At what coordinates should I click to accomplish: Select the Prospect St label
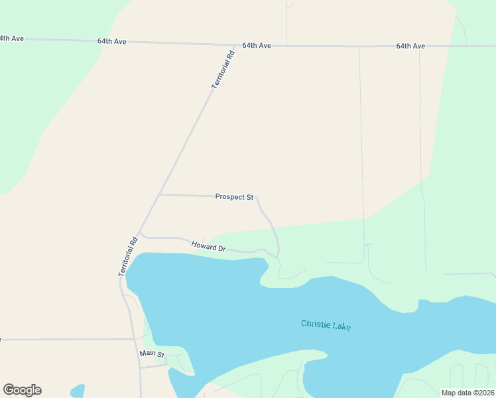click(234, 197)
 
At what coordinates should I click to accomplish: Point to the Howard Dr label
click(209, 247)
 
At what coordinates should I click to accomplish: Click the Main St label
click(152, 354)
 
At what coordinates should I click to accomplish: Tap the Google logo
click(22, 390)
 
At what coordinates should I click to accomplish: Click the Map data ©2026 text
click(467, 393)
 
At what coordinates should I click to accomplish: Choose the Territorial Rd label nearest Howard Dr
click(128, 257)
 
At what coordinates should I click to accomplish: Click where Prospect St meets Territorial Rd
click(160, 194)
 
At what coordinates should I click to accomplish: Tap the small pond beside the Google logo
click(77, 391)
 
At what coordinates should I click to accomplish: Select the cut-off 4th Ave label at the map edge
click(11, 38)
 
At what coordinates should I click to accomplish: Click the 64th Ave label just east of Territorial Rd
click(257, 46)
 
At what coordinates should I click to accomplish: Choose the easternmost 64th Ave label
click(410, 46)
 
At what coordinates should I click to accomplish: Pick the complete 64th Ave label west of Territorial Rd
click(111, 41)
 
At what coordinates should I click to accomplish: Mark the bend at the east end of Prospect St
click(257, 198)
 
